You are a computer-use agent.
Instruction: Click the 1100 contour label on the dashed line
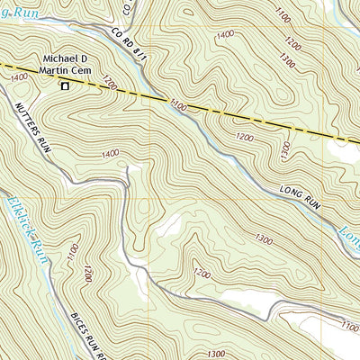[x=177, y=107]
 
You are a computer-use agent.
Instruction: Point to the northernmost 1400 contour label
[x=225, y=33]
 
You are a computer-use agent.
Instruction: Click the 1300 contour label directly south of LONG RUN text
[x=264, y=238]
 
